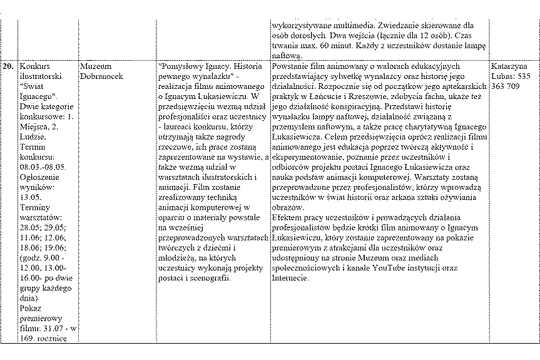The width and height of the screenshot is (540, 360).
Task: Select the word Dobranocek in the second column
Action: tap(101, 75)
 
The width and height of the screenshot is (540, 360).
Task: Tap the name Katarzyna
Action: tap(509, 65)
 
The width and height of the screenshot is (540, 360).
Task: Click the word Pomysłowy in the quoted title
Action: tap(180, 65)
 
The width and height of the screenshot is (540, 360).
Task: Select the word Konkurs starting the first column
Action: tap(36, 65)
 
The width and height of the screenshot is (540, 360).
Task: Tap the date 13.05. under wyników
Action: tap(31, 196)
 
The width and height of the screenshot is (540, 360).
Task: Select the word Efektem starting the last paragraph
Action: tap(290, 217)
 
